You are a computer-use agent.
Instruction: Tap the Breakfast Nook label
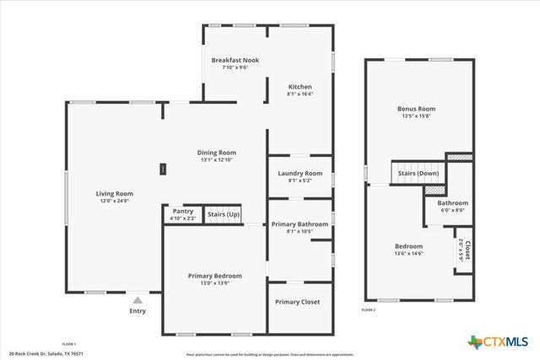[235, 61]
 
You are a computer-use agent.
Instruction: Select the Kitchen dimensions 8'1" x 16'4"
[300, 94]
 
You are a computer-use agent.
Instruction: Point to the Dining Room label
[216, 153]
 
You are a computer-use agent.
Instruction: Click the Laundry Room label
[300, 174]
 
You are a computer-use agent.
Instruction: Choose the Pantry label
[183, 211]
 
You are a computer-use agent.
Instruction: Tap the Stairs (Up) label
[224, 214]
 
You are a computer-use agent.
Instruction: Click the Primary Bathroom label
[300, 224]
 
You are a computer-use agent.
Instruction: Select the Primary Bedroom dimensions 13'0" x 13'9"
[214, 283]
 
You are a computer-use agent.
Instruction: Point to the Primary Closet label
[299, 301]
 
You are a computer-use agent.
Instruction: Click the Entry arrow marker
[137, 298]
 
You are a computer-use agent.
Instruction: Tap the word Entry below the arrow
[137, 311]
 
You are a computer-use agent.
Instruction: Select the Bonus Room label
[416, 109]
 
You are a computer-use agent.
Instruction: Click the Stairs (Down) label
[417, 173]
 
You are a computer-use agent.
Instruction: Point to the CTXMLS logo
[497, 341]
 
